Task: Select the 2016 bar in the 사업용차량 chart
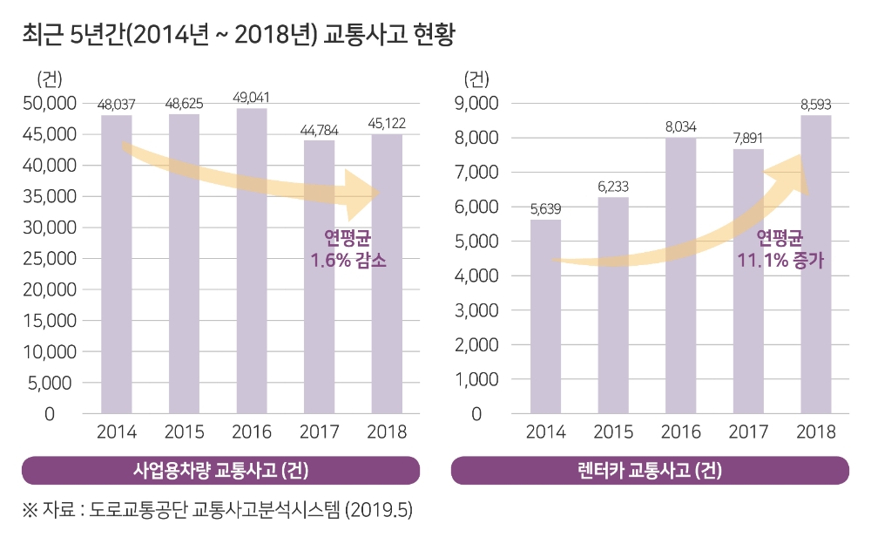(x=252, y=262)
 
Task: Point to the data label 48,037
(x=116, y=105)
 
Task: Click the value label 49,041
(x=252, y=97)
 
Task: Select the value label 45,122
(x=388, y=123)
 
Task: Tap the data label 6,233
(x=613, y=187)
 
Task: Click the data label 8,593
(x=816, y=105)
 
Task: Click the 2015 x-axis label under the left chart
(x=184, y=432)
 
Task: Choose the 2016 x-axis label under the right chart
(x=681, y=432)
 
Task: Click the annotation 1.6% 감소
(x=348, y=260)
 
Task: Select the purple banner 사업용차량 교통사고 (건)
(x=220, y=471)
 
